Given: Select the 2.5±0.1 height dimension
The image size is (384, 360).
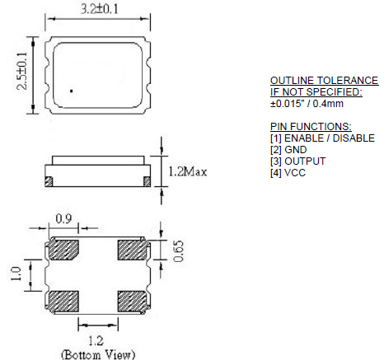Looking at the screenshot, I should [17, 72].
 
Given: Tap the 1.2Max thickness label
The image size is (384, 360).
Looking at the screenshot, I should [185, 172].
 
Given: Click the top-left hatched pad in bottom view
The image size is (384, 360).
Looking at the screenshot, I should [63, 250].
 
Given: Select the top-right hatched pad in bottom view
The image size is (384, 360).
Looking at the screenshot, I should [132, 250].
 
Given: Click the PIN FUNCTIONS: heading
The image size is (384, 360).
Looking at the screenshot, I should [310, 126].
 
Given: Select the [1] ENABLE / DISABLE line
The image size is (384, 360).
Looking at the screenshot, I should [322, 138].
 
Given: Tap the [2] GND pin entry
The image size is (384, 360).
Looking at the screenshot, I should [288, 149].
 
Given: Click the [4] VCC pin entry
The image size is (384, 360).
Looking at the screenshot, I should [288, 172].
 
